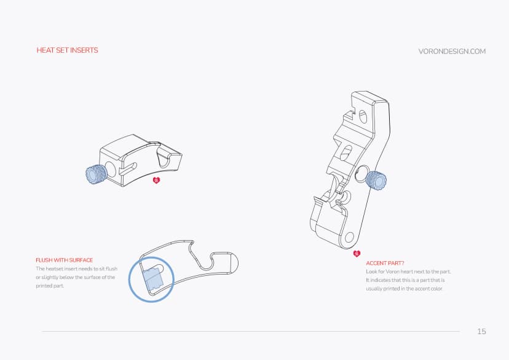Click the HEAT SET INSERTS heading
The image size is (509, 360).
67,50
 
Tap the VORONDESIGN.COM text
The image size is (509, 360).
452,51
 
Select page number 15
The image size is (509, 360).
481,332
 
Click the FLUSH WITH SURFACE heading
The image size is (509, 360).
65,260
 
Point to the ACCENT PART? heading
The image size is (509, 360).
385,263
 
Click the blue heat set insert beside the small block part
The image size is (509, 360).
95,174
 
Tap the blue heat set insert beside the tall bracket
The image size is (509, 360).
376,180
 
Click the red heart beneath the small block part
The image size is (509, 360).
156,181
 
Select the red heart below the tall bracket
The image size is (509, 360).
357,254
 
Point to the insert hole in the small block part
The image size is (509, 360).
111,168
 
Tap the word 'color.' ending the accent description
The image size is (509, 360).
435,289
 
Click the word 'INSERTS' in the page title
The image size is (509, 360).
84,50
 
